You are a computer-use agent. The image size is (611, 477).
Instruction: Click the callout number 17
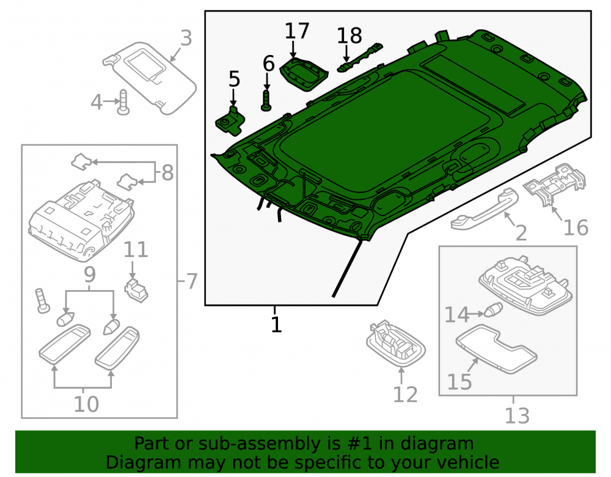click(x=297, y=31)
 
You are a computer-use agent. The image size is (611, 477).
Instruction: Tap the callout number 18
click(x=349, y=36)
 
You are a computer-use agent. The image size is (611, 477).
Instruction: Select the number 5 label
click(x=234, y=79)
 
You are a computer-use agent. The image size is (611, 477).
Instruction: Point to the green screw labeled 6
click(x=266, y=100)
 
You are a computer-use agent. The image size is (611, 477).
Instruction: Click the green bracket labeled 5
click(x=230, y=121)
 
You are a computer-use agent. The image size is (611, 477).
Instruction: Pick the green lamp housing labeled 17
click(x=304, y=74)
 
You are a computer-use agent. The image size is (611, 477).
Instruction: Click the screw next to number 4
click(x=123, y=102)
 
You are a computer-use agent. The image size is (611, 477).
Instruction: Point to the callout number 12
click(x=405, y=395)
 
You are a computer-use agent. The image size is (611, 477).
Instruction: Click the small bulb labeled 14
click(x=493, y=310)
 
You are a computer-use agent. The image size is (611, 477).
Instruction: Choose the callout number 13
click(x=517, y=415)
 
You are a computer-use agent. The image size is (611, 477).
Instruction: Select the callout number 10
click(x=86, y=404)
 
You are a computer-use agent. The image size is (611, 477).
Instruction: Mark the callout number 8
click(x=167, y=172)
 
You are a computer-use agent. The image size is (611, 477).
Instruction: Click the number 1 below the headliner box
click(x=276, y=324)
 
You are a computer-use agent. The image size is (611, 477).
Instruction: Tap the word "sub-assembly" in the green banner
click(x=255, y=443)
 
